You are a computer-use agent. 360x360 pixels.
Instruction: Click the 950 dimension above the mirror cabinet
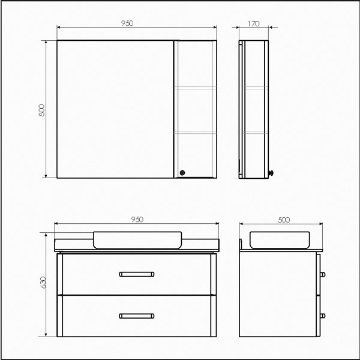(127, 23)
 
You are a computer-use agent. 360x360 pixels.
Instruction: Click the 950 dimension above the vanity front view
(137, 220)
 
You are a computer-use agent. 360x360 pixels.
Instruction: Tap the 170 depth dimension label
(254, 23)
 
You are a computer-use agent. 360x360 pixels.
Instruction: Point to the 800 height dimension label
(41, 110)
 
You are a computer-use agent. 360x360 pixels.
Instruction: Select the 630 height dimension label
(43, 283)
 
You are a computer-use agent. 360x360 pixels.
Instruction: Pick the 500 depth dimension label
(284, 220)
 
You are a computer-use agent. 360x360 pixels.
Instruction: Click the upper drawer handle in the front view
(137, 274)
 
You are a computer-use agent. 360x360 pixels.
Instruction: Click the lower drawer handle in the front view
(137, 316)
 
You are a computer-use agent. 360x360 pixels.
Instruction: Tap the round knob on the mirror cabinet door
(182, 173)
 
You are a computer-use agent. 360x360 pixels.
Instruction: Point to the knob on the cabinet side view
(271, 173)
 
